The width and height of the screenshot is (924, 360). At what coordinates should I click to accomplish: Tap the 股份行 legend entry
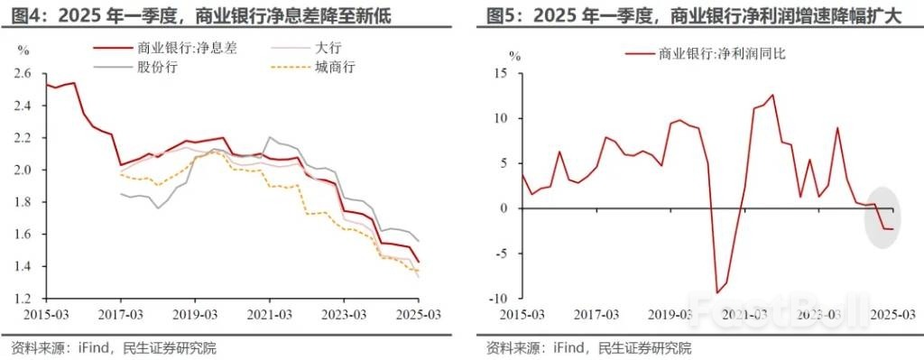click(158, 67)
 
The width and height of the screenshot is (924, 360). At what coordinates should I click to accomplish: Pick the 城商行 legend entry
click(333, 67)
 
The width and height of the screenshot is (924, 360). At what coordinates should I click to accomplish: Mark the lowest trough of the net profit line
click(717, 293)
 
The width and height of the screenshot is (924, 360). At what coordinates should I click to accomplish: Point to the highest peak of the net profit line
click(772, 95)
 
